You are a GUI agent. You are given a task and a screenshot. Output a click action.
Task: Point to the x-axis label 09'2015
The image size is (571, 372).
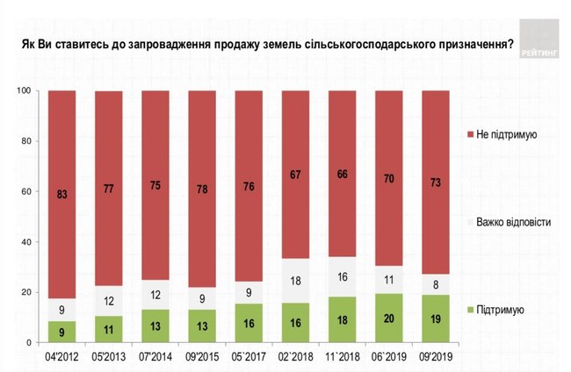click(202, 357)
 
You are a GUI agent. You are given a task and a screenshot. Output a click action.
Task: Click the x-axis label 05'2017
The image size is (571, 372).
click(249, 357)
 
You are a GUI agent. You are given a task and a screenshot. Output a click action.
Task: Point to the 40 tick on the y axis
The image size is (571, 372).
click(25, 242)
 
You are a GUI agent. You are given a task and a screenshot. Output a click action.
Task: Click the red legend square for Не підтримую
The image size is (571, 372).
click(470, 134)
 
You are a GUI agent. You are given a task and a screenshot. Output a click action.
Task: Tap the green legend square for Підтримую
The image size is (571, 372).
click(470, 310)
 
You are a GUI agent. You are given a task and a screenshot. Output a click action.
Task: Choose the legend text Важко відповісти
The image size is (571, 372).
click(514, 223)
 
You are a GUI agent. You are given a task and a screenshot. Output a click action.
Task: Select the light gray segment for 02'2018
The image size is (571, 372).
click(296, 281)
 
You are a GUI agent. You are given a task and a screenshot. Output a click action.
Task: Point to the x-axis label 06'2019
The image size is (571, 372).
click(389, 357)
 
